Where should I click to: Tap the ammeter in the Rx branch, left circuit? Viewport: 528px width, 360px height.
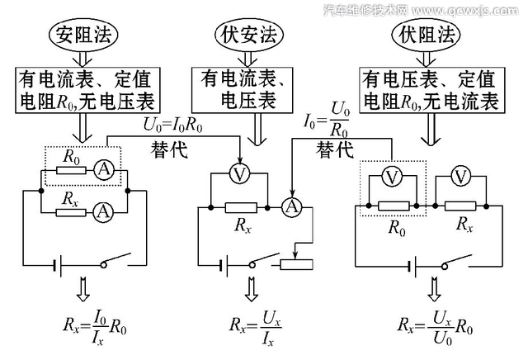pyautogui.click(x=102, y=211)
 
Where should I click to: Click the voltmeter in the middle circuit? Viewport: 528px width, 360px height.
pyautogui.click(x=238, y=175)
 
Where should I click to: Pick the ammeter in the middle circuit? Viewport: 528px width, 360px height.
pyautogui.click(x=290, y=206)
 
